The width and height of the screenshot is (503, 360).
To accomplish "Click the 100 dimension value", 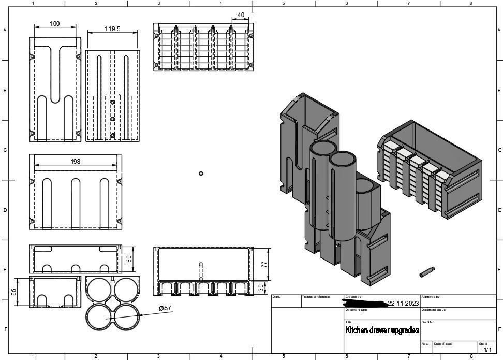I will (x=55, y=24).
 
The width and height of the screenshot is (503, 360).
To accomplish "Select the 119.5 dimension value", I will (x=112, y=29).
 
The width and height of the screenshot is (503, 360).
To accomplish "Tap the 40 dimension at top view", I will (x=241, y=16).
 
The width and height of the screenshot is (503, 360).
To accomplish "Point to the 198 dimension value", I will (x=76, y=162).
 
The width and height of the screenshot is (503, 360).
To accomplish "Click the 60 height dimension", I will (x=129, y=258).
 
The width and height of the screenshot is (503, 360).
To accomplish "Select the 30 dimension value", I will (x=261, y=288).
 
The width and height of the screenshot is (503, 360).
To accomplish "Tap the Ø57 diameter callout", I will (x=165, y=308).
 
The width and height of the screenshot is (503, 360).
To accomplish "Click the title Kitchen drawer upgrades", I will (x=382, y=330).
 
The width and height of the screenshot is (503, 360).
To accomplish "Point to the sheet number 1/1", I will (x=487, y=350).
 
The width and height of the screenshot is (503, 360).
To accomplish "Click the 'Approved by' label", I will (x=431, y=297).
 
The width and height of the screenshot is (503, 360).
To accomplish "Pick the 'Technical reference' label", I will (x=316, y=297).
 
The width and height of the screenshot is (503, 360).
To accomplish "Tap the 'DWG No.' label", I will (x=428, y=322).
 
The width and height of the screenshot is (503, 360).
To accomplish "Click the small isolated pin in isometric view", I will (x=427, y=270).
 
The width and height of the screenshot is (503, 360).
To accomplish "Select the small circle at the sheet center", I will (x=201, y=174).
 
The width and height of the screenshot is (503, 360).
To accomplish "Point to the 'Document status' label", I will (x=433, y=310).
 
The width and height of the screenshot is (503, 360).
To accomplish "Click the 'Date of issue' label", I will (x=443, y=344).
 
